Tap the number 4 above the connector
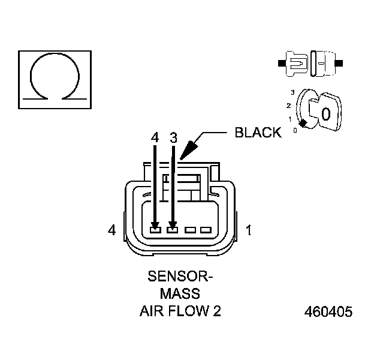point(155,137)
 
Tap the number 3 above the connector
point(173,137)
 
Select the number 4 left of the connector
point(111,229)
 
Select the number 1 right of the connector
point(249,229)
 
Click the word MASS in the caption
point(180,295)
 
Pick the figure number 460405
point(328,312)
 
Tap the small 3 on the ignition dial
point(292,92)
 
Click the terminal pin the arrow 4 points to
point(155,229)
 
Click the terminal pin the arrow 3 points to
point(173,229)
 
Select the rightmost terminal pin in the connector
point(206,229)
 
